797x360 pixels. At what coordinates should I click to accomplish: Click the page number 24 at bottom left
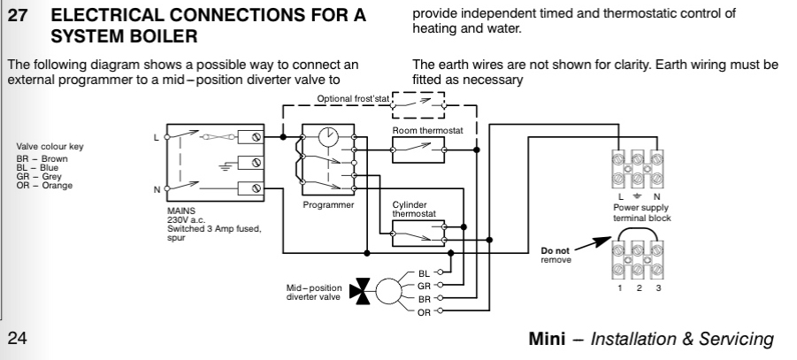tap(19, 339)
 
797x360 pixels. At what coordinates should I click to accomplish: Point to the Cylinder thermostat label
tap(410, 209)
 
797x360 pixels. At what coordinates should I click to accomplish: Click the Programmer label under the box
tap(328, 205)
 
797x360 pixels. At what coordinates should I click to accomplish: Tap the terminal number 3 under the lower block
tap(658, 287)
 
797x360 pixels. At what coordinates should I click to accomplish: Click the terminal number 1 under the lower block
tap(620, 287)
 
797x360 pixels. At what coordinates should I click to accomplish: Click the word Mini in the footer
tap(544, 339)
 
